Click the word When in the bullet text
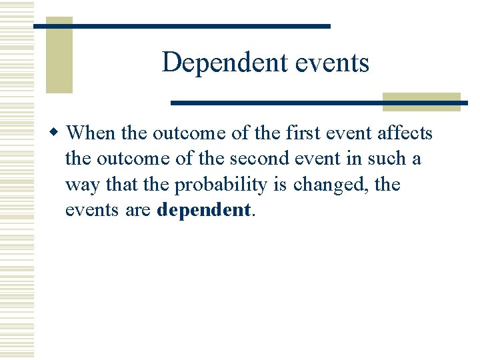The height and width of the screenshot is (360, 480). point(91,133)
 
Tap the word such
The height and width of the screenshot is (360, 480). point(386,159)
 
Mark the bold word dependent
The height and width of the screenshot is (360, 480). point(203,210)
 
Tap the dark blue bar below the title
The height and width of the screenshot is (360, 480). point(313,103)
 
